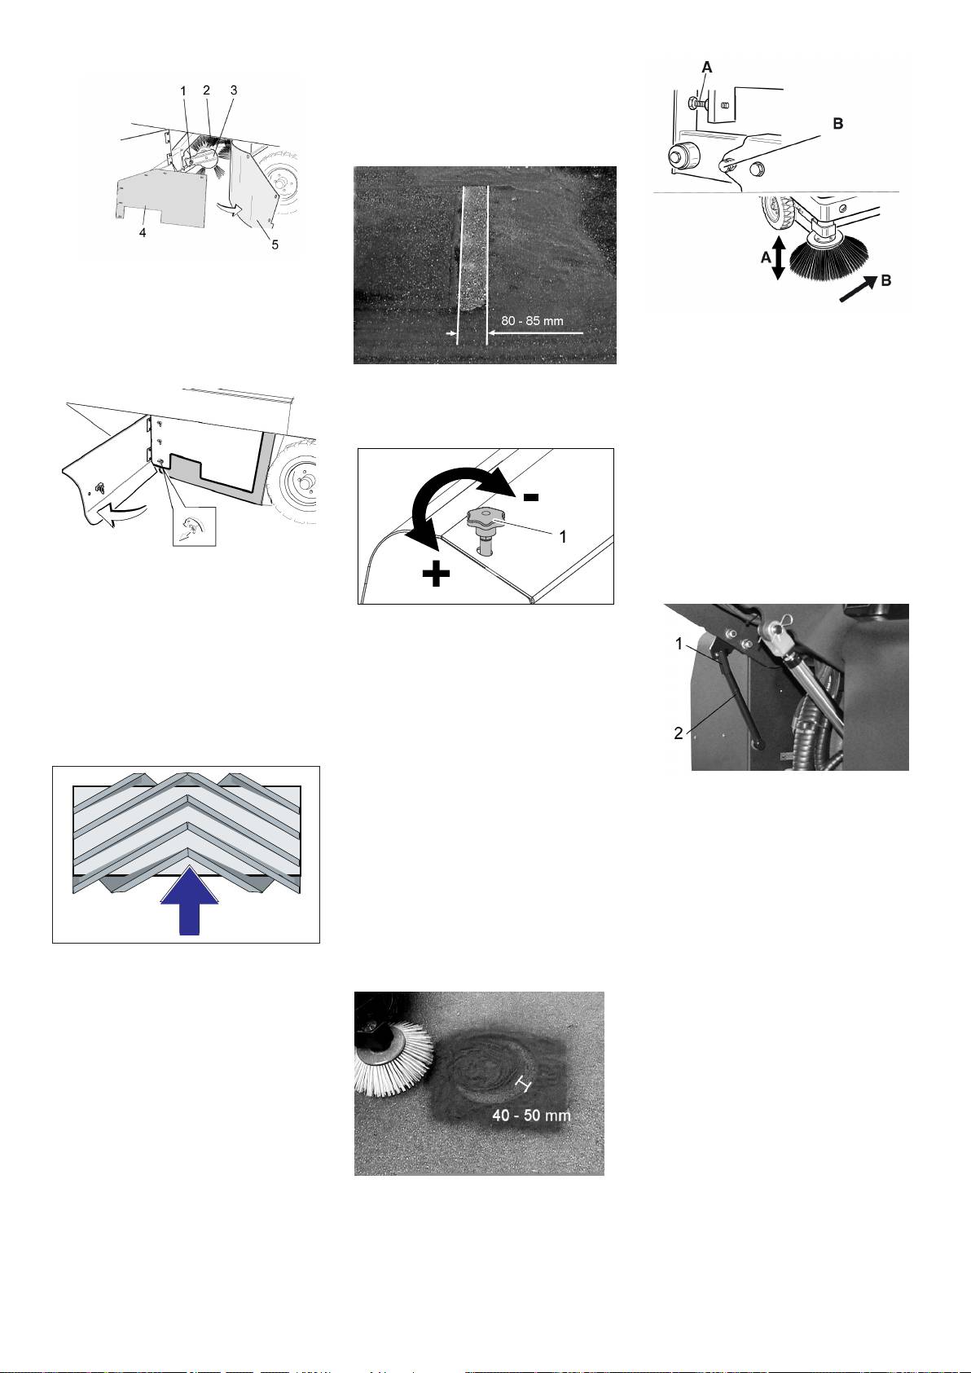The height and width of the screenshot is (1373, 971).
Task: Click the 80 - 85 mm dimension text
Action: pos(532,320)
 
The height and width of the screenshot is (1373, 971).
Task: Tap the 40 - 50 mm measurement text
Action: pos(531,1115)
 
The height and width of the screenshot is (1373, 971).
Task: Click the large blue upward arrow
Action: pos(189,900)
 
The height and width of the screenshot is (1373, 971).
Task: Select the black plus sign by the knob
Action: pos(436,574)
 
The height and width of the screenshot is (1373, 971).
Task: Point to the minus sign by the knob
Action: pos(530,497)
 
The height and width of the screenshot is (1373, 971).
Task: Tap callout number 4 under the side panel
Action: pos(142,233)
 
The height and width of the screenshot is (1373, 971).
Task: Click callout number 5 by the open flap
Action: pos(275,244)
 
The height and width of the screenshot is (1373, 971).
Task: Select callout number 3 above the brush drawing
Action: pos(234,90)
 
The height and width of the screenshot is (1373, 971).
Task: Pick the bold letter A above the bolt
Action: pos(706,68)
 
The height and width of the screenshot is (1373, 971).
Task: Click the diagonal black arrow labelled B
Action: pos(859,288)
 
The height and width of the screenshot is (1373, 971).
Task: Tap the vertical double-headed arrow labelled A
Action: pos(778,258)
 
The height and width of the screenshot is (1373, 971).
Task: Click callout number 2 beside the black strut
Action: pos(679,733)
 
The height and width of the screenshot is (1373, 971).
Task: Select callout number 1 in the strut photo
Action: pos(679,644)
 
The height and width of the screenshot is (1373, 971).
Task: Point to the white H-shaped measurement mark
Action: pos(524,1085)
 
